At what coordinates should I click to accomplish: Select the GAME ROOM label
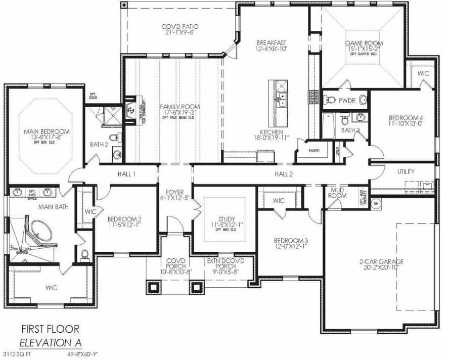click(363, 43)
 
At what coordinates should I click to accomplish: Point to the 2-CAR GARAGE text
click(375, 261)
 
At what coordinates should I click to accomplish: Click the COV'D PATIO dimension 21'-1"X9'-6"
click(179, 32)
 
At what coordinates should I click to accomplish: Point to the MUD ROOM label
click(337, 193)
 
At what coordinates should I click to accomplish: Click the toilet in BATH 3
click(344, 120)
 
